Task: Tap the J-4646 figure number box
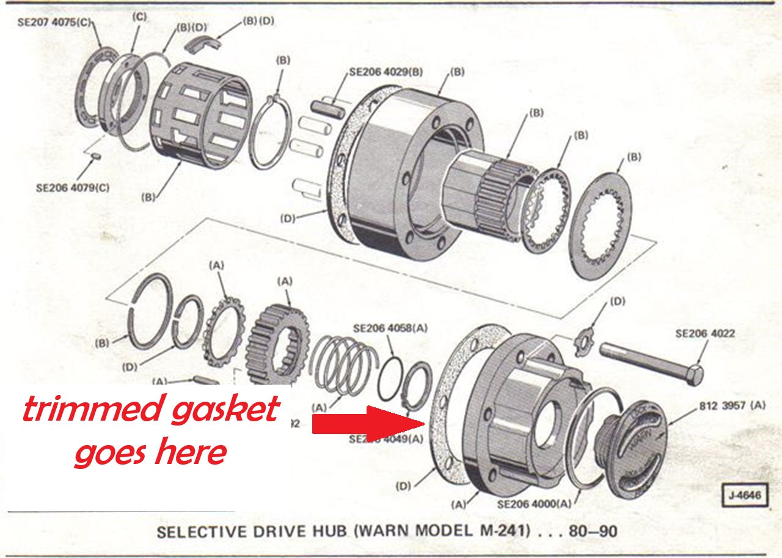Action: pos(744,495)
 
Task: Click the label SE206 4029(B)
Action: pos(386,71)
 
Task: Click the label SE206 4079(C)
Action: pos(73,187)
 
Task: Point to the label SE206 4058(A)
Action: pos(390,328)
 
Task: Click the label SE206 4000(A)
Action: pos(535,504)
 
